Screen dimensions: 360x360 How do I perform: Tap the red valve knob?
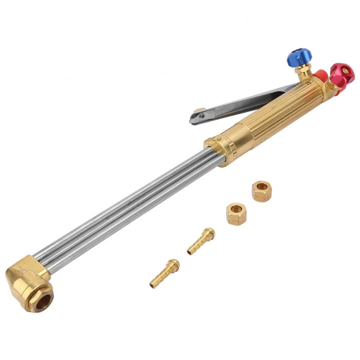[x=342, y=73]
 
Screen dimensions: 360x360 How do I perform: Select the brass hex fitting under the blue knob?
[x=302, y=73]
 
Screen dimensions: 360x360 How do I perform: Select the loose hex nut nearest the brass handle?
[x=261, y=191]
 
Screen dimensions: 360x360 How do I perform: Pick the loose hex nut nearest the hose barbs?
[x=236, y=213]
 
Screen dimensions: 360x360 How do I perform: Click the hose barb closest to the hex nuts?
[x=201, y=241]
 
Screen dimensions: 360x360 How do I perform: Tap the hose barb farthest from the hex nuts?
[x=164, y=273]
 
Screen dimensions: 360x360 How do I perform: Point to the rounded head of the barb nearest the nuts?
[x=209, y=233]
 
